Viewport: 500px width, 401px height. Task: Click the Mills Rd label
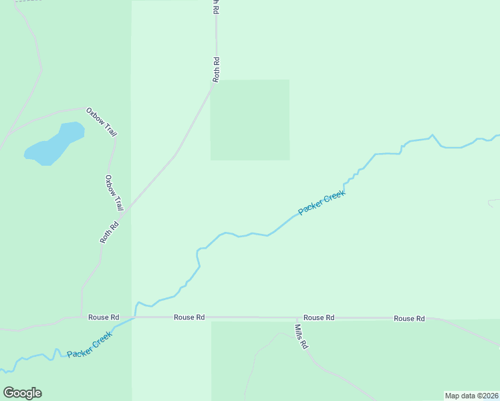coord(301,337)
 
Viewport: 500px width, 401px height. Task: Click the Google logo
coord(22,393)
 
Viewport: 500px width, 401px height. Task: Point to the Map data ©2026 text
coord(471,396)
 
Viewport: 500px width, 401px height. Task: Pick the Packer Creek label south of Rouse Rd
coord(89,345)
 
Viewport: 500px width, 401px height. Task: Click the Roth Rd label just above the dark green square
coord(216,70)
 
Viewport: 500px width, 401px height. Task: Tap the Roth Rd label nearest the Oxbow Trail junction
coord(109,231)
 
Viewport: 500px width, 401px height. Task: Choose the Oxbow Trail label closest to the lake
coord(101,122)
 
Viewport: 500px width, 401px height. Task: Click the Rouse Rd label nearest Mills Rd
coord(318,318)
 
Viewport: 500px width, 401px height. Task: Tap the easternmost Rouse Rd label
coord(409,319)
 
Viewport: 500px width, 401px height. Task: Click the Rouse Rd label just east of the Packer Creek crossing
coord(189,317)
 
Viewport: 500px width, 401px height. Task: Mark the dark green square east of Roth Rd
coord(250,120)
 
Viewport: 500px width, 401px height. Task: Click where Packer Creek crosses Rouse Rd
coord(135,317)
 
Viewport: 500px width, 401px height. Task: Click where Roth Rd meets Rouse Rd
coord(82,317)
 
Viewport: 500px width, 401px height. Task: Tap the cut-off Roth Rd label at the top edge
coord(215,7)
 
